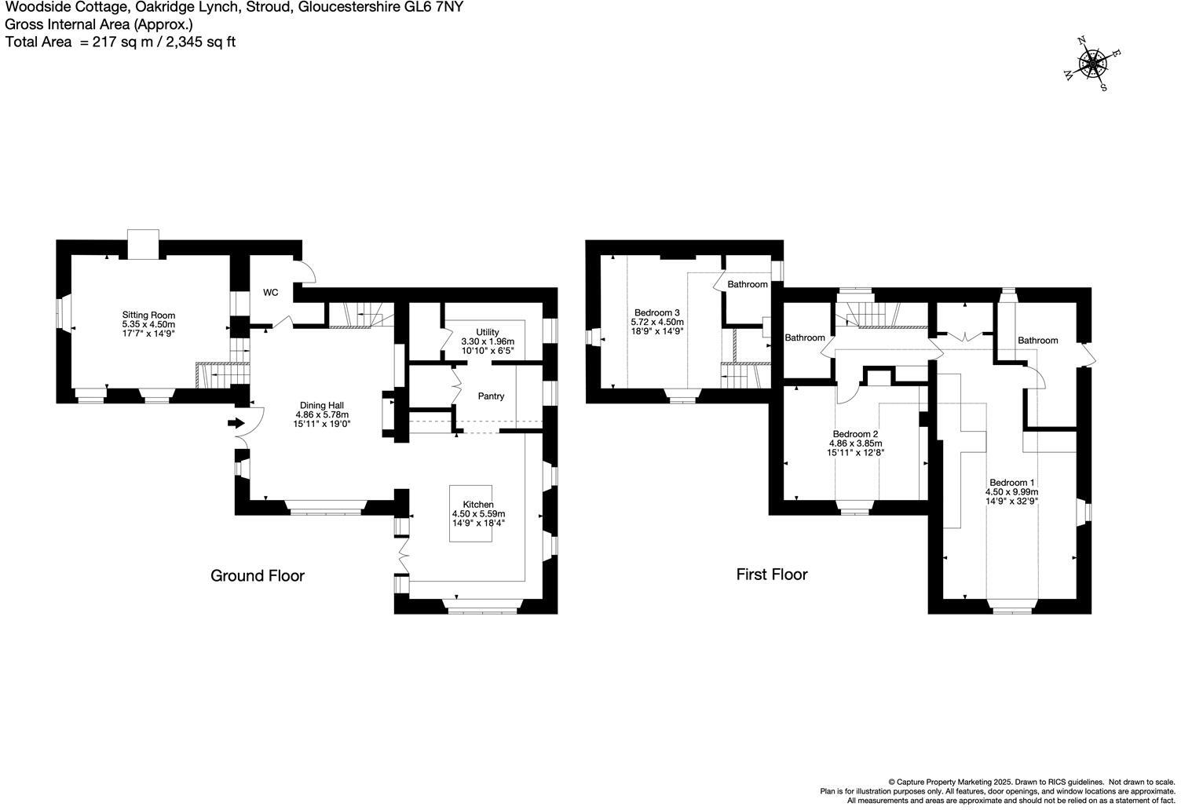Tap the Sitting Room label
pos(148,315)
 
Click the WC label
pos(270,293)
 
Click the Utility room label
pos(487,332)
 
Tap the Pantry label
pos(491,396)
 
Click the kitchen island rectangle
pos(470,513)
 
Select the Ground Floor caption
pos(257,576)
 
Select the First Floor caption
pos(771,575)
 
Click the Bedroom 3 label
pos(657,312)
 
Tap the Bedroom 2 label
pos(855,434)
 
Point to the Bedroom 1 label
pos(1011,483)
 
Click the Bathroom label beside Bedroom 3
pos(747,284)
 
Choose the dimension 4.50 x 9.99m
pos(1011,492)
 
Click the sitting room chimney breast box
pos(143,243)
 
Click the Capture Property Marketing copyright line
pos(1031,782)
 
